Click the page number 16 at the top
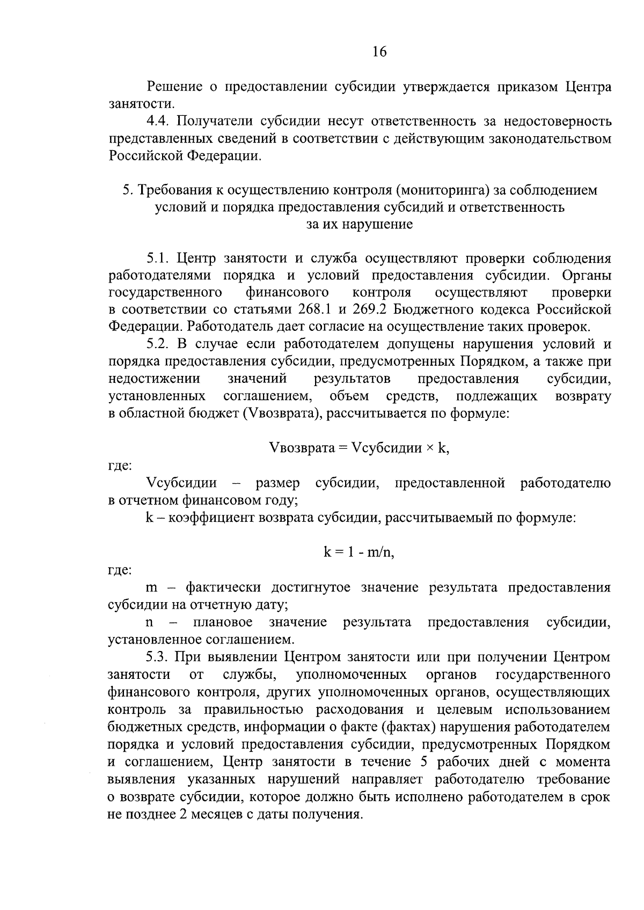[379, 51]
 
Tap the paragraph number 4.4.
[160, 122]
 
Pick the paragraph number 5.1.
[159, 259]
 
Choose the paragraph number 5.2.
[160, 344]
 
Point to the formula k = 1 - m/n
[358, 552]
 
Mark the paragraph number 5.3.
[160, 657]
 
